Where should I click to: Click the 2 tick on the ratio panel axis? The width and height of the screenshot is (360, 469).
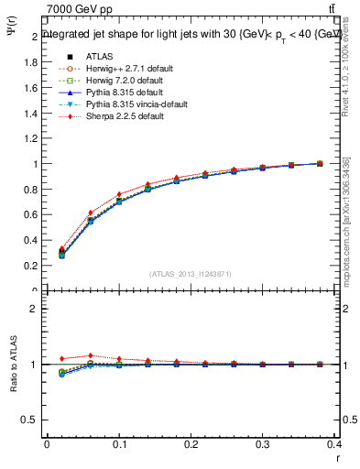pyautogui.click(x=35, y=309)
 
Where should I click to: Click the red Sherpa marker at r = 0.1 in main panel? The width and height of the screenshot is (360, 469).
pyautogui.click(x=119, y=194)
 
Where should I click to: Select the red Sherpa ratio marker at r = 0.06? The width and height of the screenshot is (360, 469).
pyautogui.click(x=90, y=355)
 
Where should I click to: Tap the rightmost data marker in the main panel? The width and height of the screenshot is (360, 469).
pyautogui.click(x=320, y=163)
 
